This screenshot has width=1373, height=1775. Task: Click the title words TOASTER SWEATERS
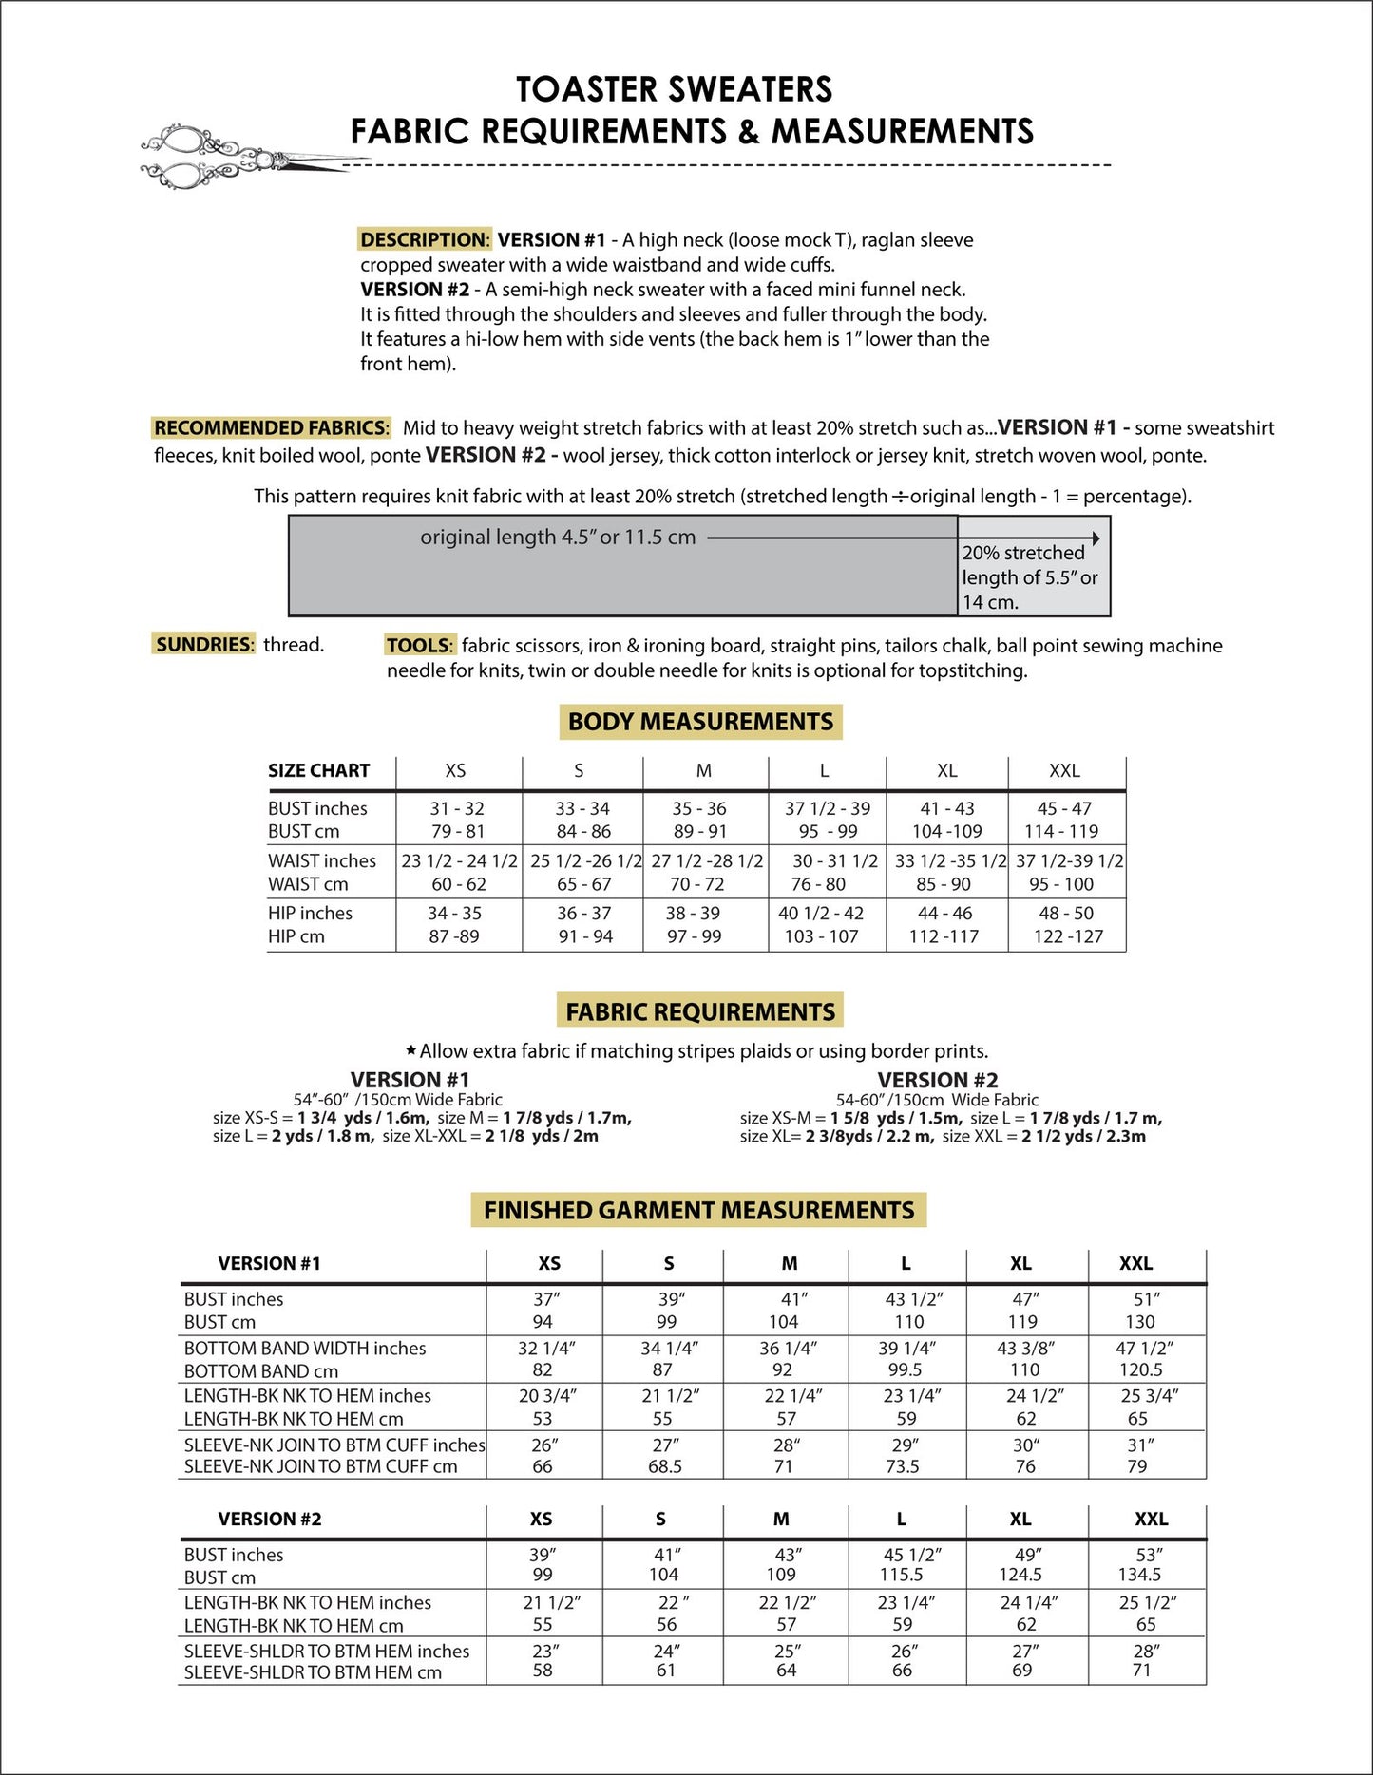click(674, 89)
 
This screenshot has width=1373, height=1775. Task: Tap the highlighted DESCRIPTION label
click(424, 239)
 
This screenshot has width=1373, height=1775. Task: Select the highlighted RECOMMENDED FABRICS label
click(271, 427)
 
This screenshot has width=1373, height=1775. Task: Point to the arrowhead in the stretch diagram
click(1096, 538)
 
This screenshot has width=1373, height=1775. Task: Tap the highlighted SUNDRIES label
click(204, 644)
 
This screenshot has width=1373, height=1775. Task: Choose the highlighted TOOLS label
click(420, 645)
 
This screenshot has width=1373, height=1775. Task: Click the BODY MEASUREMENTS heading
click(700, 722)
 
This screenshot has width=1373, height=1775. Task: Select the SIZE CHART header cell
click(318, 770)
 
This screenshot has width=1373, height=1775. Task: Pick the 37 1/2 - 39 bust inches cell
click(827, 808)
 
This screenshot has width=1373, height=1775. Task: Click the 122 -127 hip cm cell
click(1068, 936)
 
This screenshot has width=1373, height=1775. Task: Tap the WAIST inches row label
click(322, 860)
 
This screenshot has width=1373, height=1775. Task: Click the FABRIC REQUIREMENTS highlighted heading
click(700, 1011)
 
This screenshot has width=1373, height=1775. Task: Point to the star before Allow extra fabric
click(410, 1050)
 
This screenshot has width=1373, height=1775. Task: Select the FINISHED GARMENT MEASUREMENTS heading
click(698, 1210)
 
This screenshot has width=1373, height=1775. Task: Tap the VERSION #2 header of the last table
click(270, 1519)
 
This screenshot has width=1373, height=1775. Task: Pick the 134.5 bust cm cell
click(1139, 1575)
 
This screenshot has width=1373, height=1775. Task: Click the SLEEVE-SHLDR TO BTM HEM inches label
click(327, 1651)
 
